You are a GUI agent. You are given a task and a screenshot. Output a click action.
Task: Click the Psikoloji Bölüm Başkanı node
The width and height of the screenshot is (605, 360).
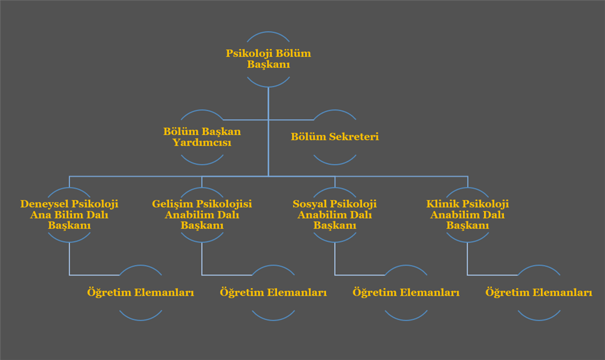(268, 59)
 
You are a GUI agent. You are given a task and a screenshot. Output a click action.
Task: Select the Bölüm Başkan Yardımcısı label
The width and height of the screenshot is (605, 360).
(202, 137)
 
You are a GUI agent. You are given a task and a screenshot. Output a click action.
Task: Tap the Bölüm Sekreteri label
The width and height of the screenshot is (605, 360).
(335, 137)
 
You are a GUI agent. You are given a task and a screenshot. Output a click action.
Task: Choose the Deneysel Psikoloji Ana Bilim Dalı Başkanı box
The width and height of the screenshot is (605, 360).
(69, 214)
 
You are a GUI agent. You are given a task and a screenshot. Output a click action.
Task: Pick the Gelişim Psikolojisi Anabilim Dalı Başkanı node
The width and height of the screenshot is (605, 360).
(202, 214)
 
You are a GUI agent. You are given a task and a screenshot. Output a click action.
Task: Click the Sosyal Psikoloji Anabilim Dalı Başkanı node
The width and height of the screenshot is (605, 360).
(335, 214)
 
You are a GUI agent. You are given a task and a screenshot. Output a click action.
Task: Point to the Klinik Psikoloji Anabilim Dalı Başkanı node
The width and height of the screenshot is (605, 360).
(468, 214)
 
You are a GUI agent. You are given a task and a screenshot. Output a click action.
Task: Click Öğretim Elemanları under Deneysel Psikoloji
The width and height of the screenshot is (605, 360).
(140, 293)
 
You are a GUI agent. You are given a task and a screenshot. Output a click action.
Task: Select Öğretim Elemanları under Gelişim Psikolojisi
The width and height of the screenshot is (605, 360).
(273, 293)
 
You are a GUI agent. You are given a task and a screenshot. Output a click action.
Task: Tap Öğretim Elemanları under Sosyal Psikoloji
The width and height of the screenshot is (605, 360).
(406, 293)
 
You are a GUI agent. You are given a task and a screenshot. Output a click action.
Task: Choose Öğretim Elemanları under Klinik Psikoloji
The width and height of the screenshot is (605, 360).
(538, 293)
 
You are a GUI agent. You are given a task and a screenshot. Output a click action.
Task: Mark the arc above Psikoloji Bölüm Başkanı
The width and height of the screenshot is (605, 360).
(268, 34)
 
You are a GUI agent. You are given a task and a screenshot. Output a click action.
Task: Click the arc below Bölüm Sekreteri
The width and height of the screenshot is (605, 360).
(335, 162)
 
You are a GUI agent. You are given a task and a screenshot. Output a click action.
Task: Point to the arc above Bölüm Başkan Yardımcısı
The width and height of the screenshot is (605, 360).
(202, 112)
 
